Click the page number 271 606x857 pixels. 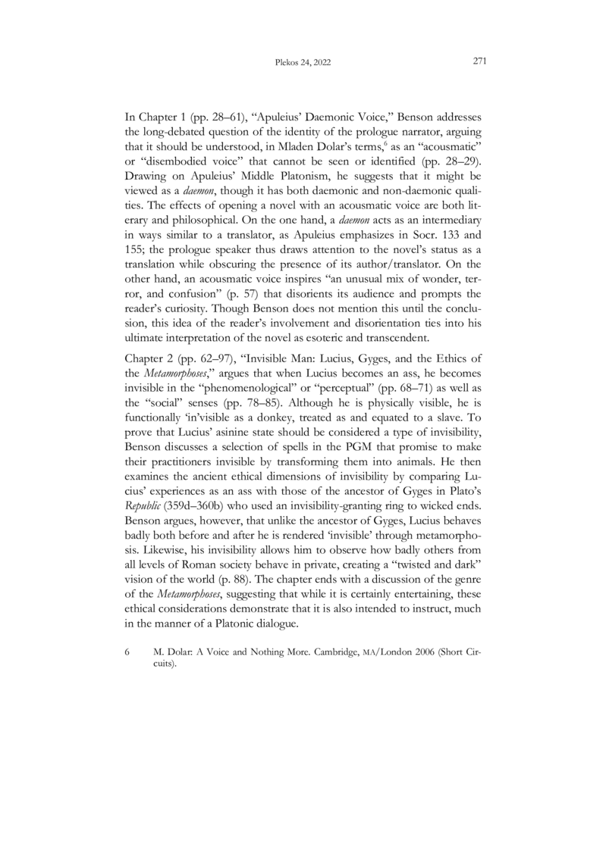point(479,61)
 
